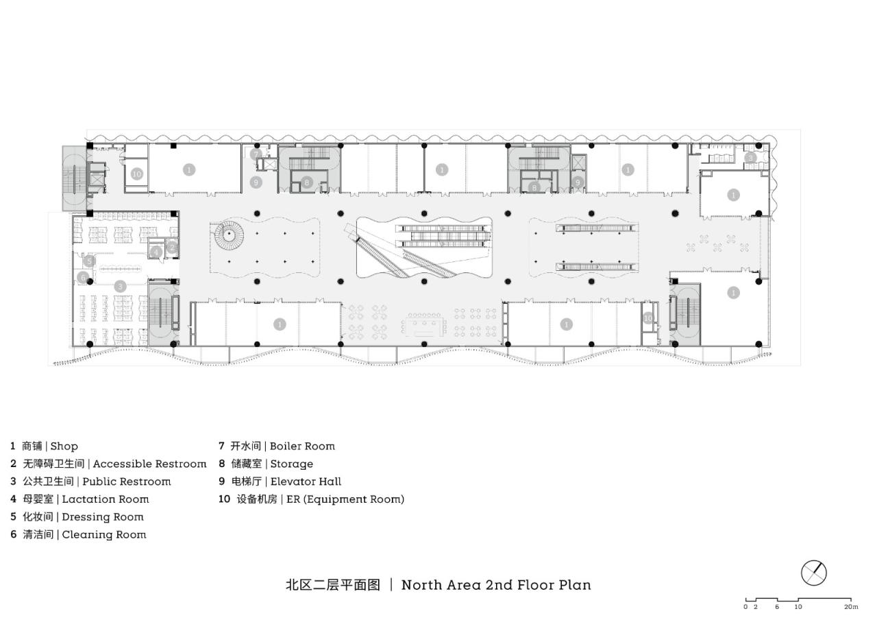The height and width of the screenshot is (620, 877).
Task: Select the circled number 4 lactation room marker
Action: [157, 252]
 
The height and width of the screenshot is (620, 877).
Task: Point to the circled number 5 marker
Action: [88, 261]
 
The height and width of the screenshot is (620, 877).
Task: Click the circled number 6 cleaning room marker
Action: [83, 278]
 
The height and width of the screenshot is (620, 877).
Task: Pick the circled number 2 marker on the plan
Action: [172, 247]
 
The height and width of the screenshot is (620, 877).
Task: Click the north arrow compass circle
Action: [814, 573]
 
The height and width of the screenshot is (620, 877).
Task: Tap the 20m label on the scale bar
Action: [850, 607]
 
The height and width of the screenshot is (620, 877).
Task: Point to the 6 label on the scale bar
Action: [777, 607]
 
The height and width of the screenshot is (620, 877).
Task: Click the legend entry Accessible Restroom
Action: [149, 464]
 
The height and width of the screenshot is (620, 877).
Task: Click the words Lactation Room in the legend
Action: [106, 499]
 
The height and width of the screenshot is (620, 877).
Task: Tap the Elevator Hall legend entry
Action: [306, 481]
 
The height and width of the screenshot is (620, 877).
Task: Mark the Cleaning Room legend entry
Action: [104, 535]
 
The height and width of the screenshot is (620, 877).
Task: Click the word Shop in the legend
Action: [64, 446]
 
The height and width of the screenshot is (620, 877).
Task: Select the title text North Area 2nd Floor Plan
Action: [496, 585]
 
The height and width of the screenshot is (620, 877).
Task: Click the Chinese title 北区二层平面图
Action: [332, 585]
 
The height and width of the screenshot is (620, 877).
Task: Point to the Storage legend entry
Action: [291, 464]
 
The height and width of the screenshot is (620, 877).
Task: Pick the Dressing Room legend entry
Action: [103, 517]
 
